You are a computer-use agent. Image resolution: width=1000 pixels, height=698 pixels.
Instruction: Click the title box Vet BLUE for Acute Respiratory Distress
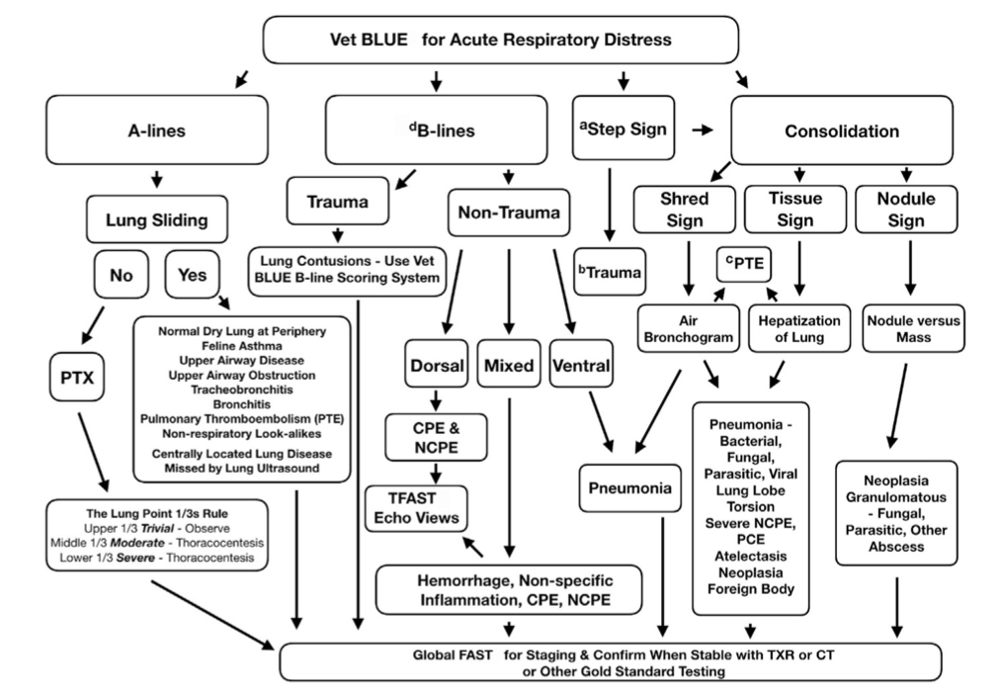click(500, 41)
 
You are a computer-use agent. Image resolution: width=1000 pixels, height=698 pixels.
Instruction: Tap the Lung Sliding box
click(156, 219)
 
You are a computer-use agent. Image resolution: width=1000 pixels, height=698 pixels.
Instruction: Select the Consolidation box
click(841, 131)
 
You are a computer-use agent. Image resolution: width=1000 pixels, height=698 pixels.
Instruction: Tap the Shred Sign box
click(685, 210)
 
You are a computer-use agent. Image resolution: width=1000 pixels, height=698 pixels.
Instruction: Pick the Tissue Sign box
click(794, 210)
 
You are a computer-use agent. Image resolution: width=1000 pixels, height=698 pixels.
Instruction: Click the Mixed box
click(508, 365)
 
